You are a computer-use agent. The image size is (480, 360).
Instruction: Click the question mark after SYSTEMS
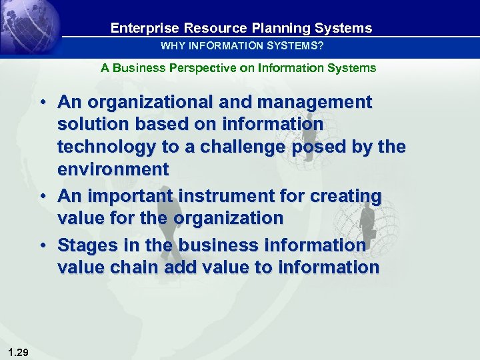coord(321,46)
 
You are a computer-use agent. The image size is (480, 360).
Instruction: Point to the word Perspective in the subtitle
coord(193,68)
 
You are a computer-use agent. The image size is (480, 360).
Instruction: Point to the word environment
coord(113,169)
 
